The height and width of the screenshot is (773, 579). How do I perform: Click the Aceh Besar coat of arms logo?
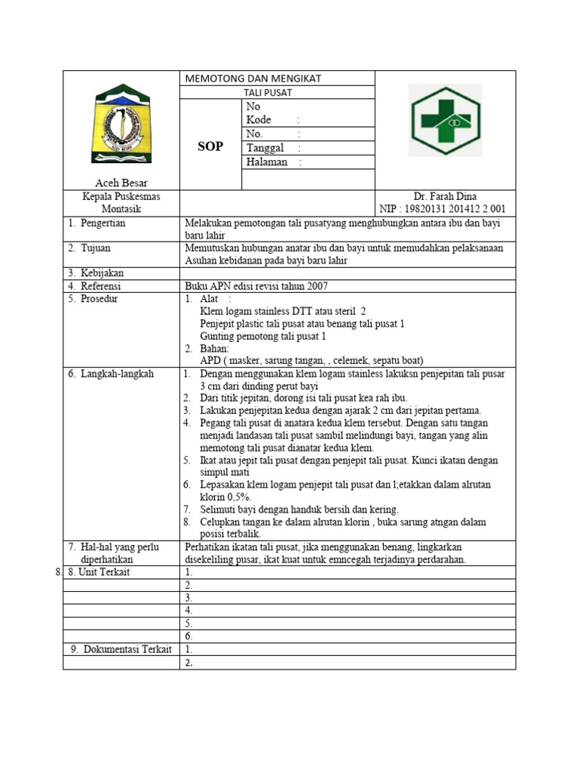pos(121,125)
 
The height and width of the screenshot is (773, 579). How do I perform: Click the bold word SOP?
pos(210,146)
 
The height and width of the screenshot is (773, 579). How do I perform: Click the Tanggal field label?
pos(265,148)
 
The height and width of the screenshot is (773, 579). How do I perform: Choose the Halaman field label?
pos(267,162)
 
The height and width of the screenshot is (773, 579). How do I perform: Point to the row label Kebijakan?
pos(102,273)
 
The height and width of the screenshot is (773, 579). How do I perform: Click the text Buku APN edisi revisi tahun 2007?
pos(256,286)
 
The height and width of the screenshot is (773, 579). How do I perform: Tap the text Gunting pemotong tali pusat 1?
pos(263,336)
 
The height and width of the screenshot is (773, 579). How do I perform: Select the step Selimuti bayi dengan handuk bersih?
pos(299,510)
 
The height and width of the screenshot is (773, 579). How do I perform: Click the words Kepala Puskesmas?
pos(121,196)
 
